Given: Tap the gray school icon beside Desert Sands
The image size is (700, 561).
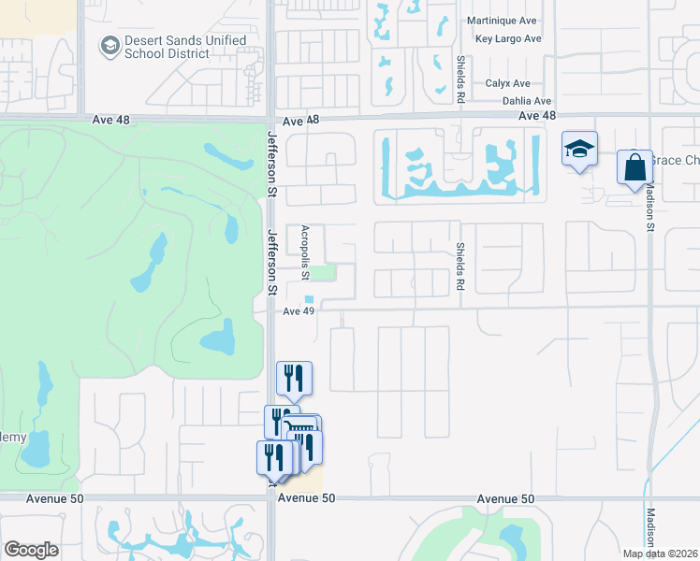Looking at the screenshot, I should point(110,45).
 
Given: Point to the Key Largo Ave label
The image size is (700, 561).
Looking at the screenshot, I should point(508,39).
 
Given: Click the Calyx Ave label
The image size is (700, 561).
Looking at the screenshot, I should point(508,83).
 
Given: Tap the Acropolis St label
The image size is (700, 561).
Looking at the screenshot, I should point(305,252).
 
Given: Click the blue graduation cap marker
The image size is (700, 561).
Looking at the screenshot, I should point(579,149).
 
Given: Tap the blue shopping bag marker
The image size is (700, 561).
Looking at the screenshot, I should point(634,168).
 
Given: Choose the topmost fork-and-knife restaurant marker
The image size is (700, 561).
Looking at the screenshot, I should point(294,378).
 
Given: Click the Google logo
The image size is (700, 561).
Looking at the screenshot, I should point(31,550).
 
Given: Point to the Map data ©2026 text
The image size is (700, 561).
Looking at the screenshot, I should point(661,554).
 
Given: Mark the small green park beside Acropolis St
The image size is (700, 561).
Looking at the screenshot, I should point(321,273).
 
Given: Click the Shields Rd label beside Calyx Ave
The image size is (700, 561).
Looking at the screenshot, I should point(460,78).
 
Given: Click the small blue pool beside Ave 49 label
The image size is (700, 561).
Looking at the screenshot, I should point(309,300).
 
